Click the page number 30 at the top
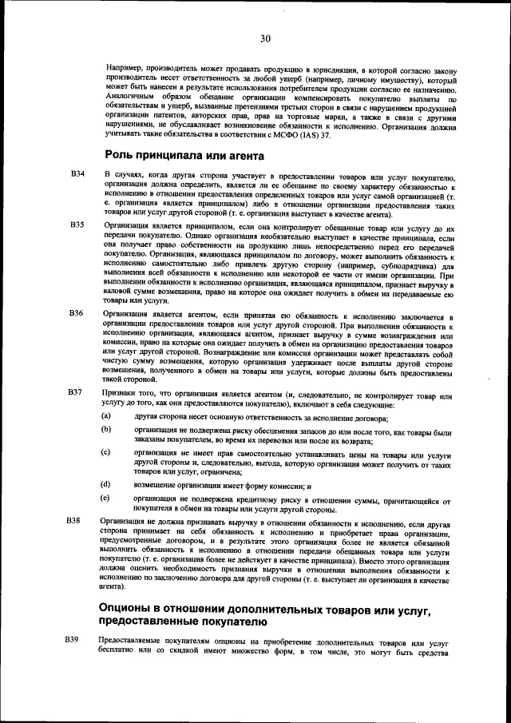[x=265, y=38]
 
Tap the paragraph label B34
[x=77, y=174]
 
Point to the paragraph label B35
[x=77, y=226]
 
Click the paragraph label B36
[x=77, y=313]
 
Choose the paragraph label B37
[x=77, y=392]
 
